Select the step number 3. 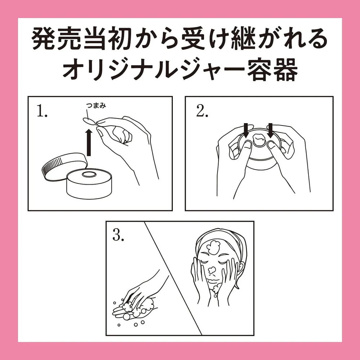[x=118, y=235]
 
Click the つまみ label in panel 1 [x=96, y=105]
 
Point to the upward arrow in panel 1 [x=89, y=142]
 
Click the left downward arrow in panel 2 [x=246, y=131]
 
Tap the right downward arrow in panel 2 [x=270, y=131]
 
